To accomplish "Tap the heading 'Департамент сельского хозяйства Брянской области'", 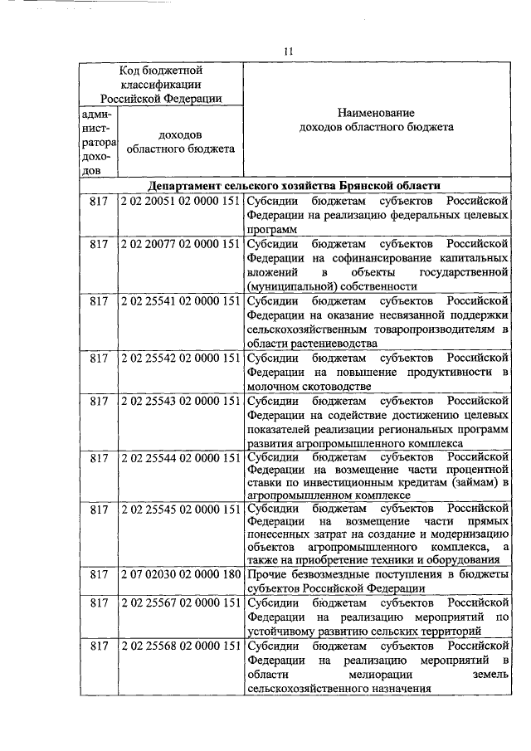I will tap(295, 185).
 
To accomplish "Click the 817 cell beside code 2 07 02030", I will tap(99, 573).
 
